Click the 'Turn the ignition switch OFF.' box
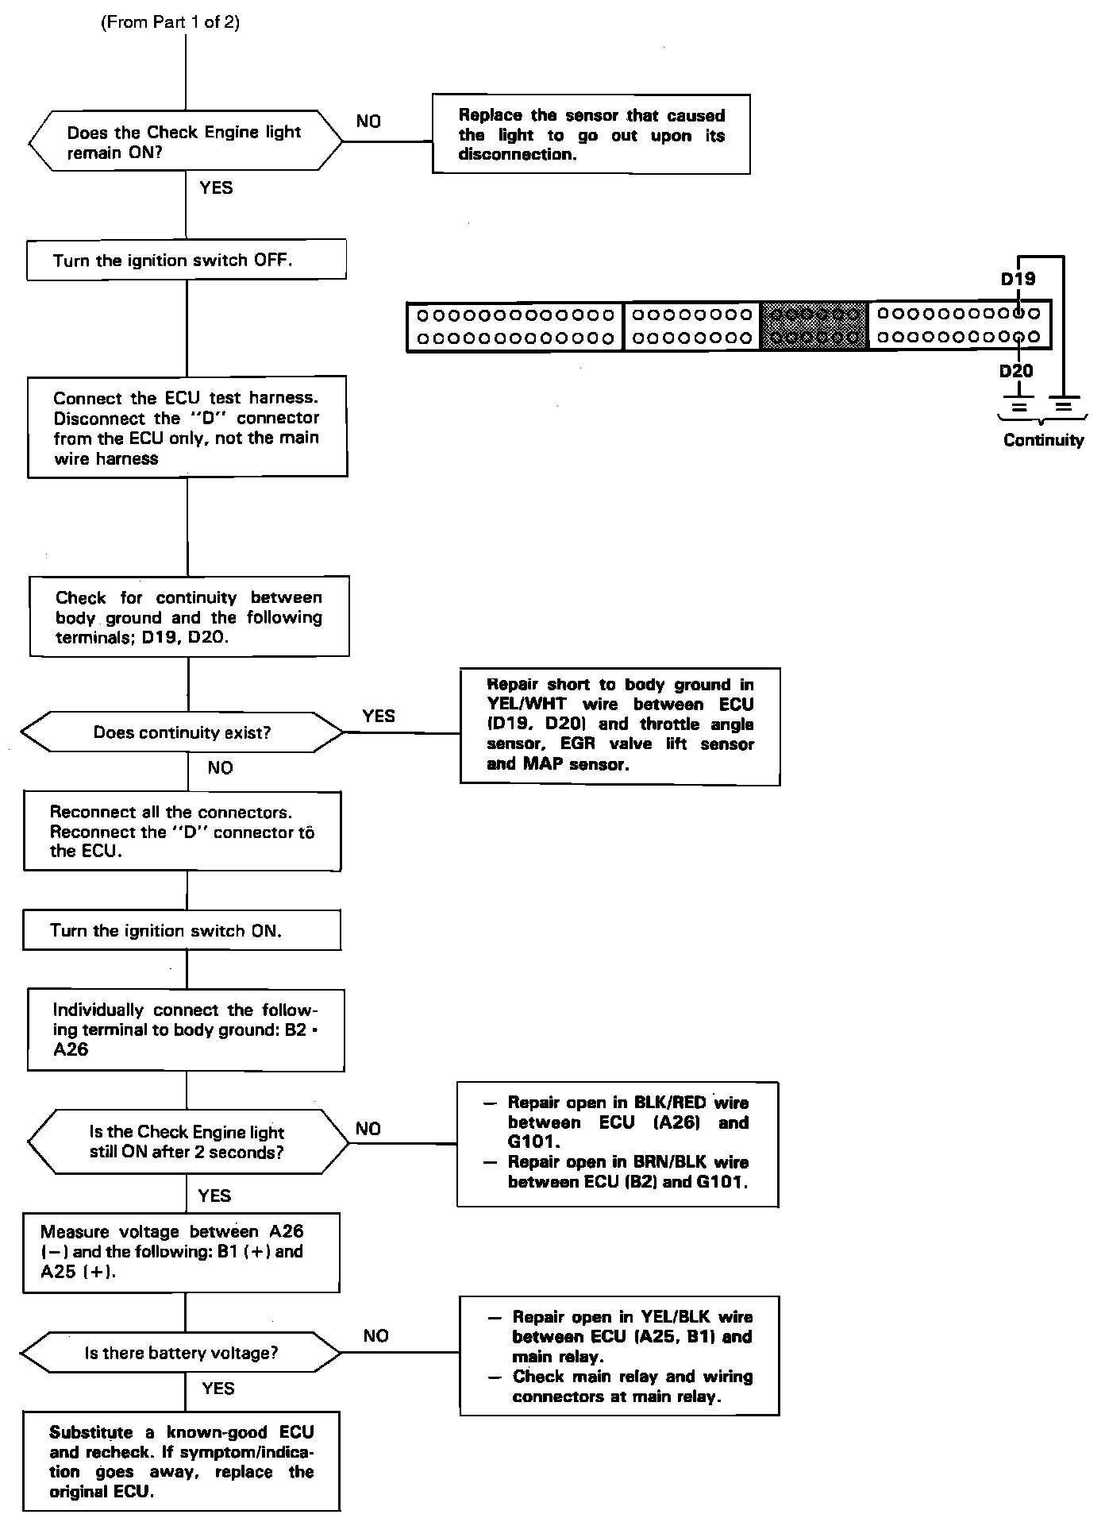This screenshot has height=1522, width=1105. coord(187,261)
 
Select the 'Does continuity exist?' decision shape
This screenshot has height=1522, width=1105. coord(183,732)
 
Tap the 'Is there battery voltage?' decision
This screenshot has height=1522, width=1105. coord(182,1353)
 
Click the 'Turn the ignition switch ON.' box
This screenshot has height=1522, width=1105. coord(182,930)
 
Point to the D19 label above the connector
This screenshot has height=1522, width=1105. coord(1017,279)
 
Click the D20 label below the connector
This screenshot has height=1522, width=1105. coord(1016,371)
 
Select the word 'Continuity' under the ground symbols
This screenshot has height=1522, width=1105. coord(1043,440)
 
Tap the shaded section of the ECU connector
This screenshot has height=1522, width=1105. coord(814,326)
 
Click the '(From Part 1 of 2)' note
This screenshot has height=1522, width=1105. coord(170,22)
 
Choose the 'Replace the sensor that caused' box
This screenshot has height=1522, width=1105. coord(591,134)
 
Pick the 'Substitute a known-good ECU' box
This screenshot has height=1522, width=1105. coord(182,1461)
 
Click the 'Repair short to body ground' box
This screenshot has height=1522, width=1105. coord(620,726)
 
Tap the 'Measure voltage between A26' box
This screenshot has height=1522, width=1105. coord(182,1252)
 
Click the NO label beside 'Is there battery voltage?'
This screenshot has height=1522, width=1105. coord(375,1336)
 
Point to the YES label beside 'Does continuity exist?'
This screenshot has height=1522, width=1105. coord(378,716)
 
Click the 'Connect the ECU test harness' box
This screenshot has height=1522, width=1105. coord(187,427)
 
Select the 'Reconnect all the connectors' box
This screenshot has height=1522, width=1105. coord(183,831)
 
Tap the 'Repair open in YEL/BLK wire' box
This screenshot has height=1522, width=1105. coord(619,1356)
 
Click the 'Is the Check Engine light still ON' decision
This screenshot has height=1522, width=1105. coord(187,1142)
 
